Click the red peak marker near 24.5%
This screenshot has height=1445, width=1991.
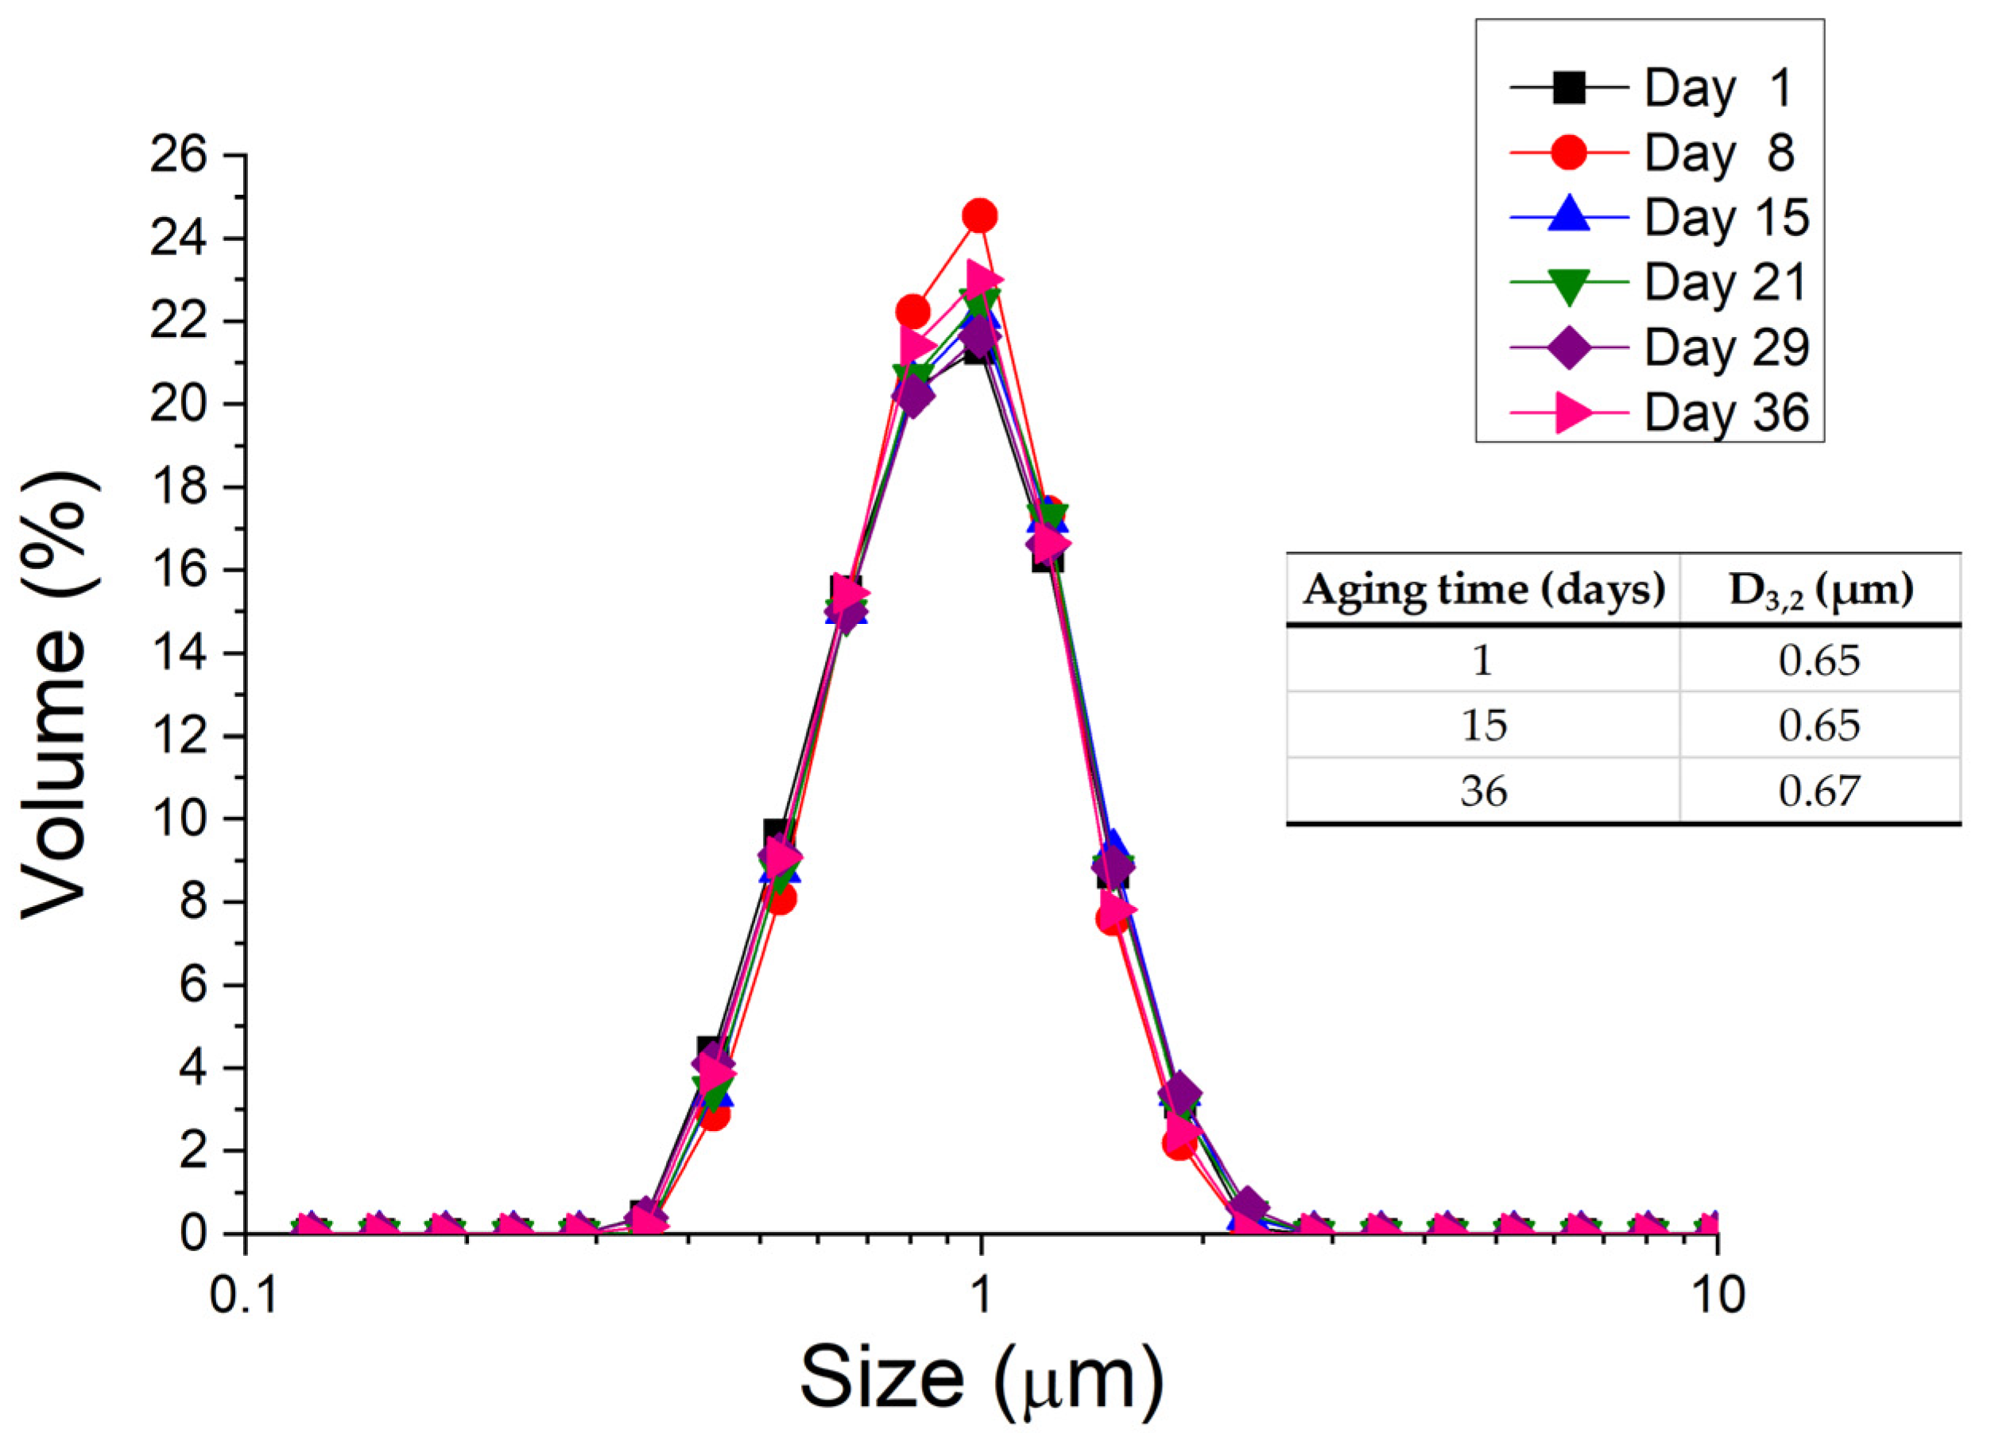pos(980,215)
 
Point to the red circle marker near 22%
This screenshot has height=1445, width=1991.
pos(912,311)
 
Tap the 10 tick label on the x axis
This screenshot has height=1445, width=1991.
pos(1716,1294)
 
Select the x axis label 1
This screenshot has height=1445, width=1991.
pos(980,1294)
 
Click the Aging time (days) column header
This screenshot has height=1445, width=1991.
pos(1484,590)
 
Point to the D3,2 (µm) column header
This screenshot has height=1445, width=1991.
pos(1821,590)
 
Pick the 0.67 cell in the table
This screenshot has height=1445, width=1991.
pos(1819,791)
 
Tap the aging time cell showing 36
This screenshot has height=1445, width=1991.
pos(1484,791)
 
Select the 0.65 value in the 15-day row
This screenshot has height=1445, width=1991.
pos(1819,725)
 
